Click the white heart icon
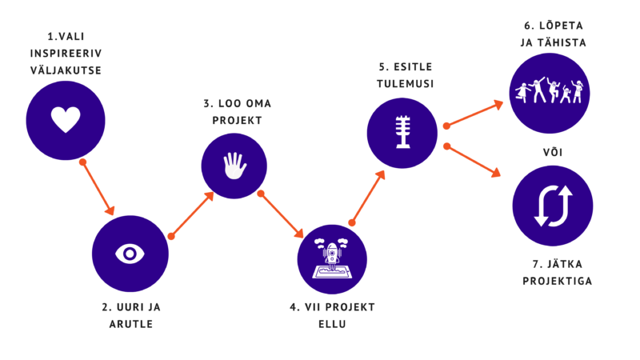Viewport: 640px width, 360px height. pyautogui.click(x=66, y=120)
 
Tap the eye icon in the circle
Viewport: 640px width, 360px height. pyautogui.click(x=130, y=254)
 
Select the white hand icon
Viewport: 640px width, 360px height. pyautogui.click(x=234, y=166)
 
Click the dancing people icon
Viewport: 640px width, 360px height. pyautogui.click(x=550, y=91)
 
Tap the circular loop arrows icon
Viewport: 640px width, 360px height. pyautogui.click(x=553, y=206)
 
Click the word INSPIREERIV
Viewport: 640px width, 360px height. pyautogui.click(x=66, y=54)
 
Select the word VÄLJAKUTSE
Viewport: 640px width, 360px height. pyautogui.click(x=66, y=70)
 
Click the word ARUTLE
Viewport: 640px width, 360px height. pyautogui.click(x=130, y=324)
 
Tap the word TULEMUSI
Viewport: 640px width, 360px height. pyautogui.click(x=405, y=84)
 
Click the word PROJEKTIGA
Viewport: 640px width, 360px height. pyautogui.click(x=558, y=282)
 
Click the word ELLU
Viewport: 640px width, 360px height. pyautogui.click(x=332, y=324)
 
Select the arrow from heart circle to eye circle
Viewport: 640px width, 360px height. pyautogui.click(x=98, y=189)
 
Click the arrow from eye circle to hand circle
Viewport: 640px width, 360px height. pyautogui.click(x=192, y=214)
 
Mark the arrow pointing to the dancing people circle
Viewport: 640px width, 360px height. pyautogui.click(x=474, y=114)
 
